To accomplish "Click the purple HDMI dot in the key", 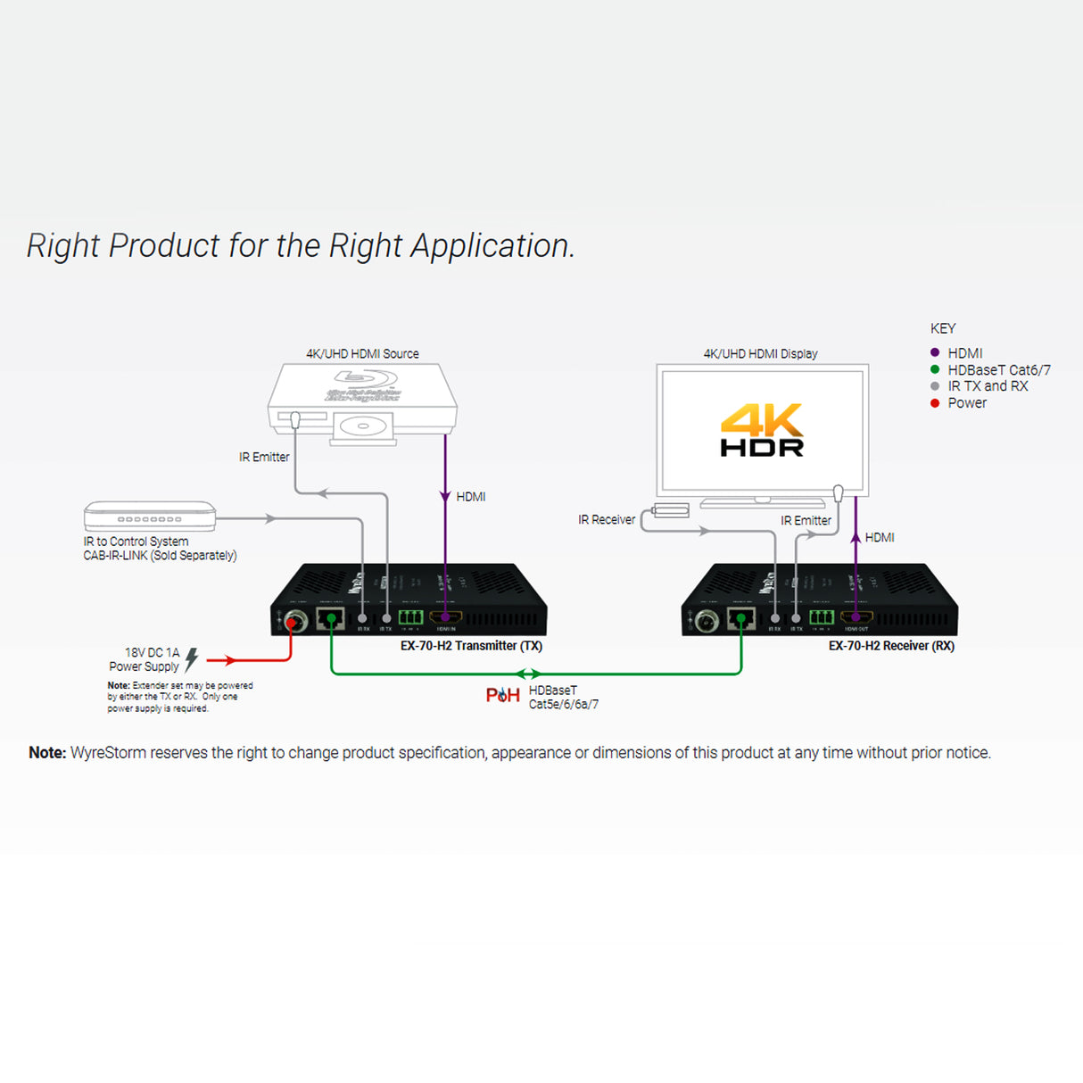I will coord(935,352).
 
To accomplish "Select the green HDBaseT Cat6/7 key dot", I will coord(935,369).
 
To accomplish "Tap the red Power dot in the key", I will coord(935,403).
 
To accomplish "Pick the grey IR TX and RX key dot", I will coord(935,386).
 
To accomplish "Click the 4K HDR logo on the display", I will coord(762,430).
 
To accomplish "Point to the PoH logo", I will coord(502,695).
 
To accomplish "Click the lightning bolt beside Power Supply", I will coord(192,659).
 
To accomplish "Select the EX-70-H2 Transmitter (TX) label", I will coord(471,646).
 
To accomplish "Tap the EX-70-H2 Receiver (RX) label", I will coord(891,646).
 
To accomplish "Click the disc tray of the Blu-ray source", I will coord(363,427).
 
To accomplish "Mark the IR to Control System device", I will coord(150,517).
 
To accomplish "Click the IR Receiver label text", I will coord(607,520).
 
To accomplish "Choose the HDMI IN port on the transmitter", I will coord(446,616).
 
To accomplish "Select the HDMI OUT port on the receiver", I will coord(856,616).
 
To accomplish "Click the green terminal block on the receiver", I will coord(822,616).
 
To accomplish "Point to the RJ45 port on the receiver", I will coord(741,617).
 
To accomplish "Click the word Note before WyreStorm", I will coord(47,753).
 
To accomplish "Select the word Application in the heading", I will coord(492,246).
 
